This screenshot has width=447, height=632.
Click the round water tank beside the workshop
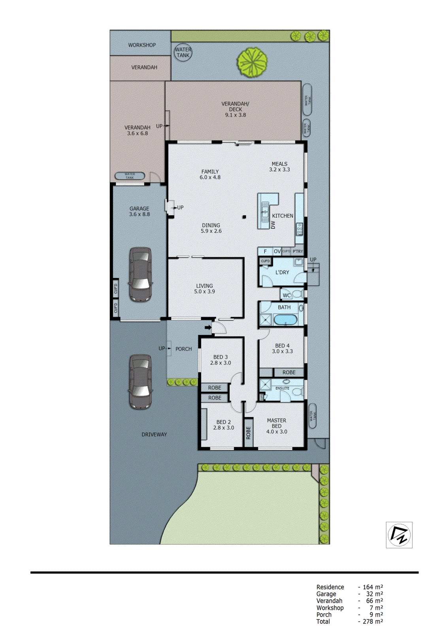click(x=183, y=52)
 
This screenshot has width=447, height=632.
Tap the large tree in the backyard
click(x=252, y=62)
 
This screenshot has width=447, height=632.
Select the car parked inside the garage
click(x=141, y=275)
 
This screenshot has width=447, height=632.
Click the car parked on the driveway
click(x=140, y=382)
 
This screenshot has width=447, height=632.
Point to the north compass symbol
click(x=399, y=535)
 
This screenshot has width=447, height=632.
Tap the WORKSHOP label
click(x=142, y=45)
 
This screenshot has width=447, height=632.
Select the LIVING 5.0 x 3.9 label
click(x=204, y=289)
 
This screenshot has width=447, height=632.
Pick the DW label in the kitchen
click(x=273, y=225)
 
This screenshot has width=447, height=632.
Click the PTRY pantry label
click(x=298, y=251)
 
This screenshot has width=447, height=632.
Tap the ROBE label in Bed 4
click(x=289, y=372)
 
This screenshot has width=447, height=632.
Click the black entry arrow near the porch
click(x=208, y=327)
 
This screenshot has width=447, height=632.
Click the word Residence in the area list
click(x=330, y=587)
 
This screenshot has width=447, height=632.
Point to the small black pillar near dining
click(x=244, y=217)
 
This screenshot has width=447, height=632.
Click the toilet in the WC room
click(x=298, y=295)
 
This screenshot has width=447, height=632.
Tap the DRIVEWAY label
click(x=154, y=434)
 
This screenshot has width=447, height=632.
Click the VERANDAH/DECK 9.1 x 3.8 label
click(x=235, y=109)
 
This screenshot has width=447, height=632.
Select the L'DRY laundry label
click(x=282, y=273)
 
